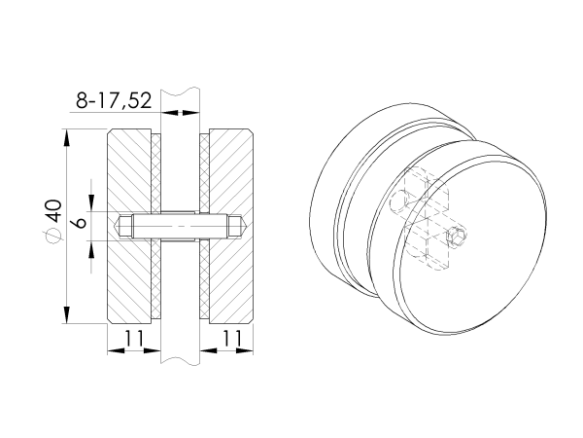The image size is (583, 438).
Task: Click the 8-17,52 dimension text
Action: point(114,100)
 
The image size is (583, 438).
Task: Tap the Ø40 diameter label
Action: point(52,222)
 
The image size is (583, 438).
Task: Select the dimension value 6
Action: point(80,223)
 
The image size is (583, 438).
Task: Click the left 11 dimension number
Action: point(133,338)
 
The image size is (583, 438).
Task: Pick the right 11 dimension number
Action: point(232,338)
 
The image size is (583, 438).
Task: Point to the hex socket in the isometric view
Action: point(457,237)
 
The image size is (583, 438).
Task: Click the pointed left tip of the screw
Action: point(113,226)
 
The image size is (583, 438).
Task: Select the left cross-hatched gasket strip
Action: point(156,226)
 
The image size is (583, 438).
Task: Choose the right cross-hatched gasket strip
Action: point(204,226)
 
